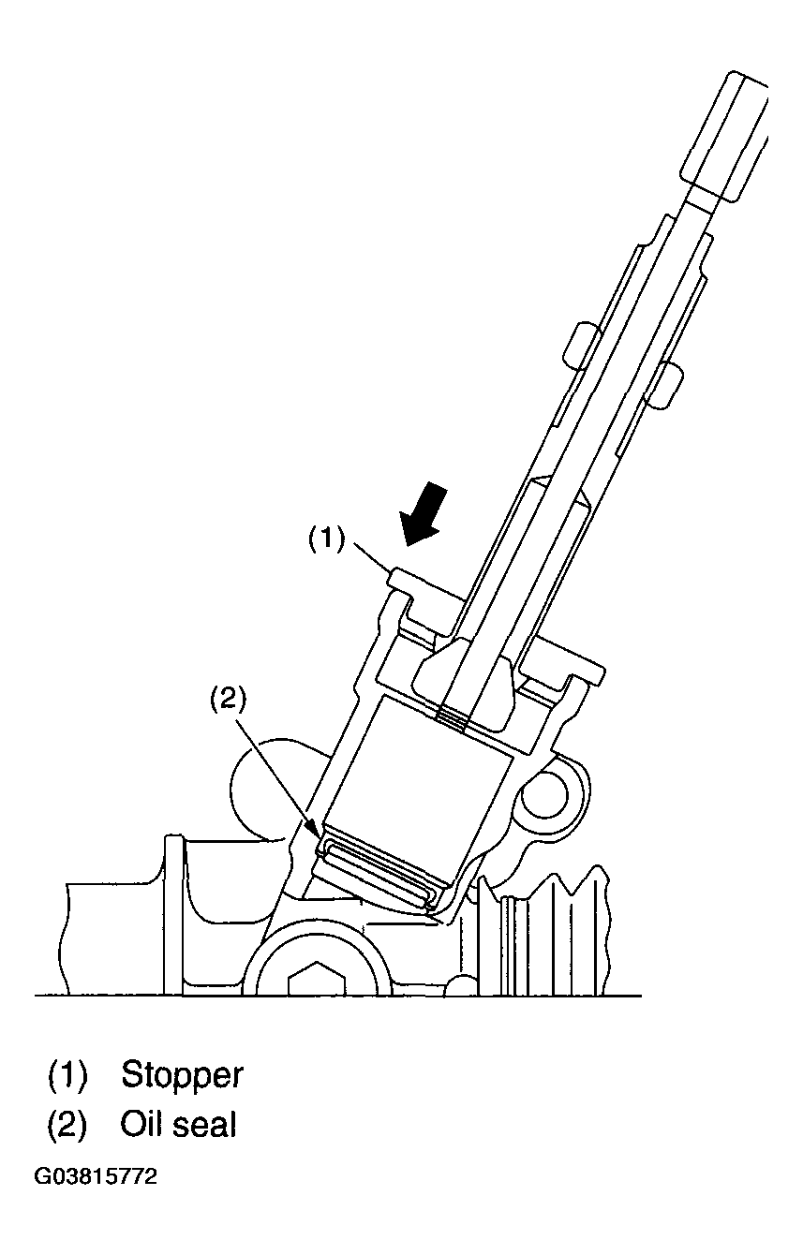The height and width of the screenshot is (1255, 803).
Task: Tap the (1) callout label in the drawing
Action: pyautogui.click(x=327, y=539)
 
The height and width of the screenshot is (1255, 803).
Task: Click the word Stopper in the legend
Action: pyautogui.click(x=182, y=1075)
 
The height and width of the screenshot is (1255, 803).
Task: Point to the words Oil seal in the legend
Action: pyautogui.click(x=178, y=1125)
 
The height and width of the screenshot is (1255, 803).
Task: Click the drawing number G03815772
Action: pyautogui.click(x=96, y=1176)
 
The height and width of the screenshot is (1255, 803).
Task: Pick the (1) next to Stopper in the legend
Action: pyautogui.click(x=67, y=1075)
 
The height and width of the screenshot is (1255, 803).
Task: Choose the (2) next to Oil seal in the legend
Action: pyautogui.click(x=67, y=1125)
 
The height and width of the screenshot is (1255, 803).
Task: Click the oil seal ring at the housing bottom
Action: pyautogui.click(x=379, y=874)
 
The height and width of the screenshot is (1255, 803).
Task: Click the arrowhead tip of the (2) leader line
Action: pyautogui.click(x=320, y=840)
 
